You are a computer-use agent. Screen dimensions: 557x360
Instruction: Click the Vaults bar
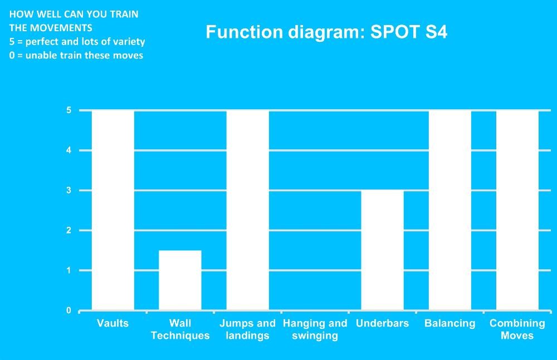[x=113, y=211]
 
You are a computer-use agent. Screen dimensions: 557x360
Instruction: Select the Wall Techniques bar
[x=180, y=280]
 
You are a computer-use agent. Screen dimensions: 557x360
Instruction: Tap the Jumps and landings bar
[x=248, y=211]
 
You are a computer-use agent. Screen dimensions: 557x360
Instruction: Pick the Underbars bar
[x=382, y=250]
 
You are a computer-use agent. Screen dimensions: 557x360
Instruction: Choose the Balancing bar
[x=449, y=211]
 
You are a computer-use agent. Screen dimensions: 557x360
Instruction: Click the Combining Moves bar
[x=517, y=211]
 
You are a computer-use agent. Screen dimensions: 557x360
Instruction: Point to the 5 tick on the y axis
[x=69, y=110]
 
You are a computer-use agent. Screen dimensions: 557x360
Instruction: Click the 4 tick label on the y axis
[x=69, y=150]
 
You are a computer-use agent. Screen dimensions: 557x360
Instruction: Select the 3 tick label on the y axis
[x=69, y=190]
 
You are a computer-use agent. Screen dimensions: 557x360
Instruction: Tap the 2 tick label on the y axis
[x=69, y=230]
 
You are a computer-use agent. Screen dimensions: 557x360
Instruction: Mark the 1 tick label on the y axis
[x=69, y=270]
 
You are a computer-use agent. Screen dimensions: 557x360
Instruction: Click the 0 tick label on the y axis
[x=69, y=310]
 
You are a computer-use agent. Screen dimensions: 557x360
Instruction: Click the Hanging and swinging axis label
[x=315, y=329]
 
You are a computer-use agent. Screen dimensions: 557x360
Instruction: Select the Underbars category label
[x=382, y=323]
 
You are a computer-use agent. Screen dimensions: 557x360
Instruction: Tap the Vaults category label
[x=113, y=323]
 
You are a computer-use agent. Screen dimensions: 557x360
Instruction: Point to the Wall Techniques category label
[x=180, y=329]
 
